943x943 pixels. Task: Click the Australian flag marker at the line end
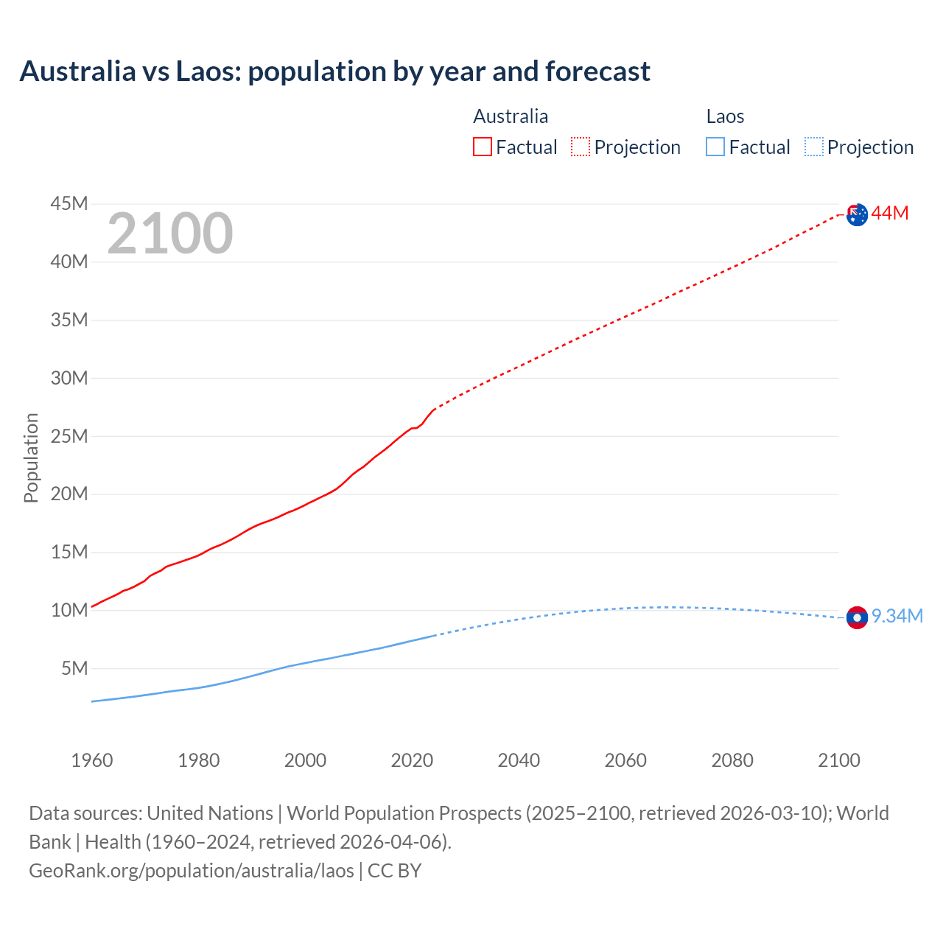[x=857, y=214]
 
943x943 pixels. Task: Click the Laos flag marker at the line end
[x=857, y=617]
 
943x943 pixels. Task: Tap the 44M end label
[x=890, y=214]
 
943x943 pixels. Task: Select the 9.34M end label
[x=897, y=617]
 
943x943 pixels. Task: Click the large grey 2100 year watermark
[x=170, y=234]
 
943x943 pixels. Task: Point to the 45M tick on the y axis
[x=69, y=203]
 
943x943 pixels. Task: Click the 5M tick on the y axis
[x=74, y=668]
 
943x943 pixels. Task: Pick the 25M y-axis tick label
[x=69, y=436]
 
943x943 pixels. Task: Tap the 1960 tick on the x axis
[x=92, y=760]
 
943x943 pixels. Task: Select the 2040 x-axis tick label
[x=519, y=760]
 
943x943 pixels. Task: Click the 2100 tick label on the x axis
[x=838, y=760]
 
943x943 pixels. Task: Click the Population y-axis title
[x=31, y=458]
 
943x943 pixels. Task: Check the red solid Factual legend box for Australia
[x=482, y=147]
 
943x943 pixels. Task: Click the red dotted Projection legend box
[x=581, y=147]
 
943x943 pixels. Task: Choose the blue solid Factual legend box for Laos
[x=715, y=147]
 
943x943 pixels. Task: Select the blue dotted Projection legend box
[x=813, y=147]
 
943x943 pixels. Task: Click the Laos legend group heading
[x=725, y=116]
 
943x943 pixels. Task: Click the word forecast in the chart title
[x=597, y=71]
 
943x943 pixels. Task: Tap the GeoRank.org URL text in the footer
[x=192, y=871]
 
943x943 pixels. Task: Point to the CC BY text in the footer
[x=394, y=871]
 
